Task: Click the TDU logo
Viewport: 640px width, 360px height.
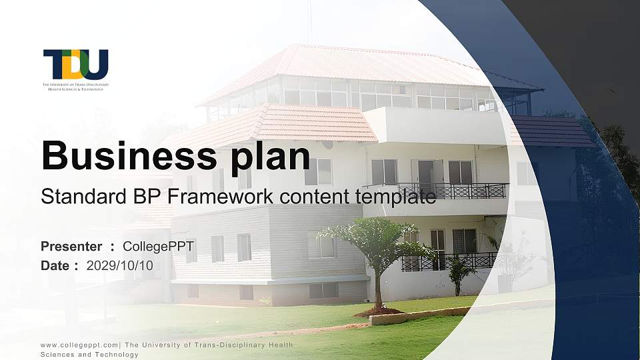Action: click(75, 65)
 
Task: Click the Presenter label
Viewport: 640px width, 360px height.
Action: click(71, 247)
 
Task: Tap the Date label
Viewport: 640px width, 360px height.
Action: click(55, 265)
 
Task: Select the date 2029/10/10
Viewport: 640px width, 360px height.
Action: click(120, 265)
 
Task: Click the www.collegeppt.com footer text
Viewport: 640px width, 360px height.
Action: click(79, 345)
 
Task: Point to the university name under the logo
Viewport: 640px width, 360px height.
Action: click(75, 87)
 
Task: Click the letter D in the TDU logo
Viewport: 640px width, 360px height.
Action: click(75, 64)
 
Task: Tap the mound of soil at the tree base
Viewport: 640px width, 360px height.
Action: click(378, 311)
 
